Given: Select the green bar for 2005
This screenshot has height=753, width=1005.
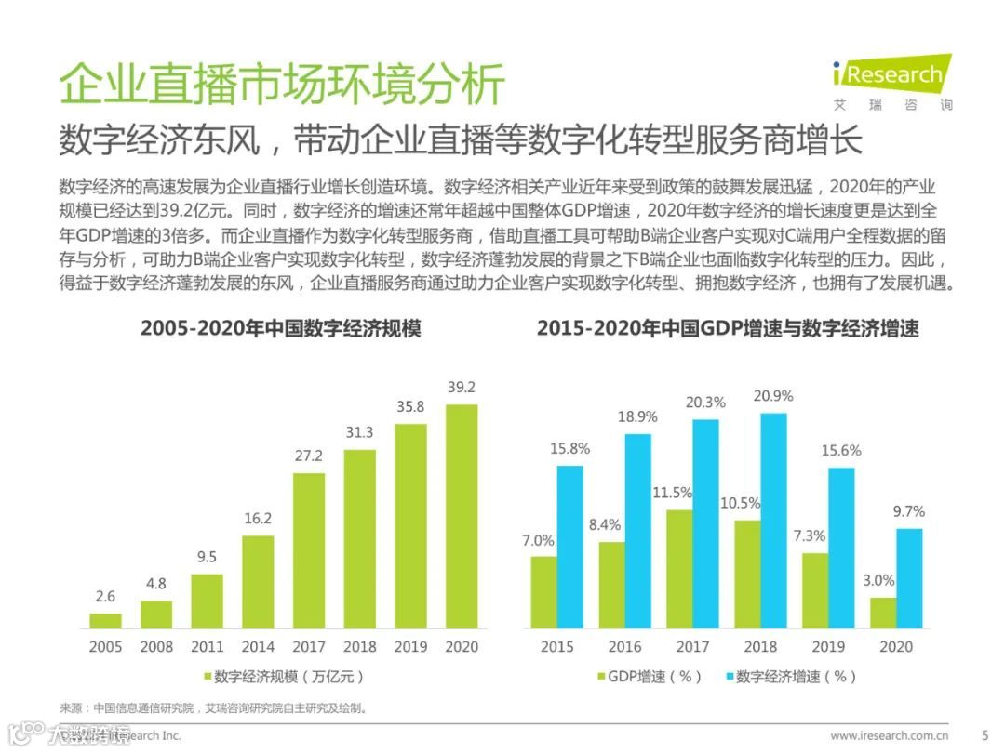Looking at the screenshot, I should pyautogui.click(x=106, y=620).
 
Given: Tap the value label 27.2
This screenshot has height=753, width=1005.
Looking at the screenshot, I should pyautogui.click(x=309, y=456).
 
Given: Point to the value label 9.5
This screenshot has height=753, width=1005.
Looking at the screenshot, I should pyautogui.click(x=208, y=557).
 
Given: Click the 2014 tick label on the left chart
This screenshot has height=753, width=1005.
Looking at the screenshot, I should pyautogui.click(x=258, y=646).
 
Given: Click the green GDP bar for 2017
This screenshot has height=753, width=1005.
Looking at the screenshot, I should pyautogui.click(x=678, y=568).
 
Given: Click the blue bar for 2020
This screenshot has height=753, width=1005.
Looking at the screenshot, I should pyautogui.click(x=909, y=578).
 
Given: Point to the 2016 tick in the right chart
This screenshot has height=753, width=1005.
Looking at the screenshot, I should pyautogui.click(x=624, y=646).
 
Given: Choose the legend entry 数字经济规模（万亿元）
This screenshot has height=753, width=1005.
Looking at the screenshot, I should pyautogui.click(x=280, y=676).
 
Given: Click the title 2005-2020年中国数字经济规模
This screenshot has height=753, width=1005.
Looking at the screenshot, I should pyautogui.click(x=281, y=329).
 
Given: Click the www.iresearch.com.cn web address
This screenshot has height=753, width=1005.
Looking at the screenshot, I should pyautogui.click(x=890, y=735).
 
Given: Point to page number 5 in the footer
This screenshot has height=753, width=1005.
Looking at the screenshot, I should pyautogui.click(x=985, y=735).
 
